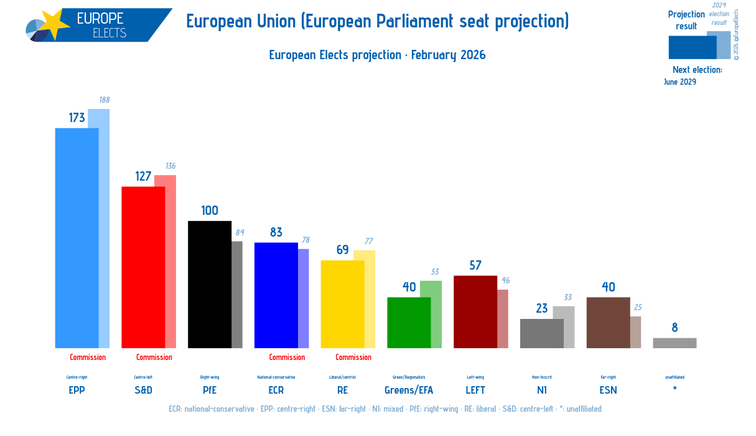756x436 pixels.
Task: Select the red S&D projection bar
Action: pos(143,267)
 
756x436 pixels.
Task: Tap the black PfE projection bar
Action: pos(210,284)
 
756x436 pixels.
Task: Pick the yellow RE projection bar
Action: pos(342,304)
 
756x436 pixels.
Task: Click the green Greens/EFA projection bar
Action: pos(409,322)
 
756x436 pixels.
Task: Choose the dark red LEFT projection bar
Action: pos(475,311)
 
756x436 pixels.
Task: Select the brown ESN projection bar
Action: pos(608,322)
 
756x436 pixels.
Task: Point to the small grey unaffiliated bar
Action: pos(674,343)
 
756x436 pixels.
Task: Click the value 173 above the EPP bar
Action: pos(77,118)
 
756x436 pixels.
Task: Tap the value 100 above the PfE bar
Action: pos(210,211)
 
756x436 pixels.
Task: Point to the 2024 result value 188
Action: pos(105,100)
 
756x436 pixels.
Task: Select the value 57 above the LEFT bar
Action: pos(475,265)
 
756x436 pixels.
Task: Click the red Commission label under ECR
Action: pos(287,358)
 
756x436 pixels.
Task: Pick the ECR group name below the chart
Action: pos(276,390)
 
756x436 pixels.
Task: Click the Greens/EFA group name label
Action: pos(409,390)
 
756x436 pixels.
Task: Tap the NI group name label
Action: pos(542,390)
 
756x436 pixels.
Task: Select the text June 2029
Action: pos(679,82)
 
